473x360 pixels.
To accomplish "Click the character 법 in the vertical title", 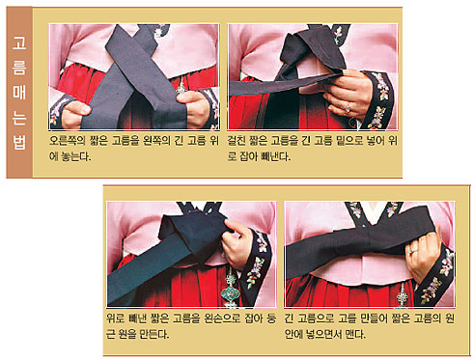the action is coord(19,143).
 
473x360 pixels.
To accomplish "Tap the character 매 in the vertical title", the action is coord(19,92).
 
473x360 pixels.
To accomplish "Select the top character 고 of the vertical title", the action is coord(19,42).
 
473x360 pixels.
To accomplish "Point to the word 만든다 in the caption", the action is coord(154,335).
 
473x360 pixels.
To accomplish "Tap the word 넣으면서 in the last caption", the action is coord(319,335).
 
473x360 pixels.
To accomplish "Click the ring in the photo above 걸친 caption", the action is coord(348,107).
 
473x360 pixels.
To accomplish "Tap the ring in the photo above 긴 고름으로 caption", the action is coord(413,250).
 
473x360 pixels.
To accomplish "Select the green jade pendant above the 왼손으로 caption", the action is coord(230,290).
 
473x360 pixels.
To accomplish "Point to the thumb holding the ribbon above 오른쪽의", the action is coord(78,108).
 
